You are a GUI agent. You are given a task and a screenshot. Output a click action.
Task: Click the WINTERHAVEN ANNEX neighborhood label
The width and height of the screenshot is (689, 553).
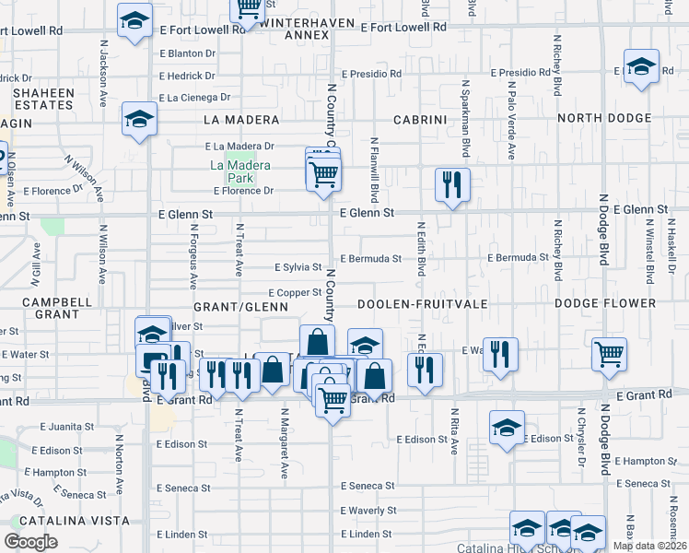click(x=294, y=27)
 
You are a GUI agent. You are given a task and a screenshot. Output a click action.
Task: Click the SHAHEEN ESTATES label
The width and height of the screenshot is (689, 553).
click(x=42, y=98)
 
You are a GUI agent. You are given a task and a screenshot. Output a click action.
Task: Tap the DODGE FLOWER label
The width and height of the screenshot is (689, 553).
click(x=605, y=303)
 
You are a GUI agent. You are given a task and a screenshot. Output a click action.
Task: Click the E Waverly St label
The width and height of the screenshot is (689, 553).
click(x=368, y=511)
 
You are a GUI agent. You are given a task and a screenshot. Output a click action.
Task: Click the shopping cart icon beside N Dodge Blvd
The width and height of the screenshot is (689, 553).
click(x=609, y=354)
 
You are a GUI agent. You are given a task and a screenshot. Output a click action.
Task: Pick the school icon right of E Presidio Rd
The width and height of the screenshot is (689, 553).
click(x=641, y=66)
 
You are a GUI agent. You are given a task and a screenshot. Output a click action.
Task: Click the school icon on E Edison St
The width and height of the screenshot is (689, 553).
click(x=507, y=429)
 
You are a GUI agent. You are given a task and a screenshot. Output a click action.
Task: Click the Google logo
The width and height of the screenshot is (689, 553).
click(x=30, y=542)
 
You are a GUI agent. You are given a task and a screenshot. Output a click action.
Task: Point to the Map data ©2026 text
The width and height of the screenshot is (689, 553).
click(x=649, y=546)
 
